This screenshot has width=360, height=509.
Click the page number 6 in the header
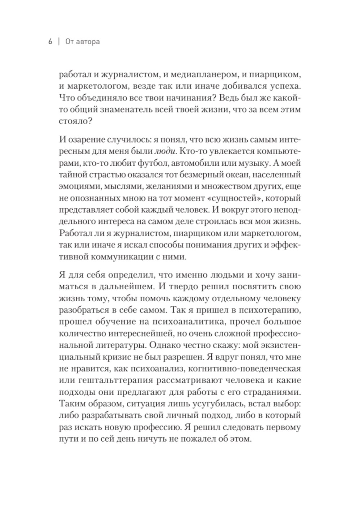point(50,42)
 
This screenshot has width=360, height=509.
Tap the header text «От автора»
point(83,42)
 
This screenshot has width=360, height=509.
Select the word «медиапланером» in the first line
point(211,75)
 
